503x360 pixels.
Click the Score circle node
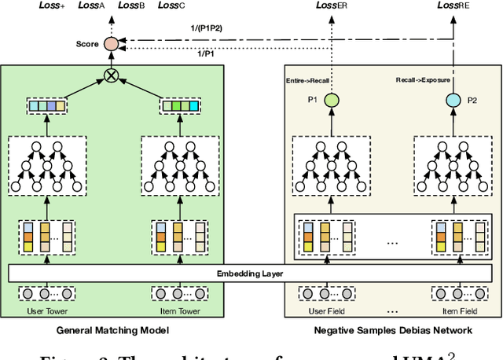[x=112, y=44]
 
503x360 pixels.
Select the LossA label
[x=91, y=6]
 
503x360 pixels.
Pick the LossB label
[x=130, y=6]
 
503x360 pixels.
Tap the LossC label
[x=171, y=6]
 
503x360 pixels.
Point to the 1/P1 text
[x=207, y=53]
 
